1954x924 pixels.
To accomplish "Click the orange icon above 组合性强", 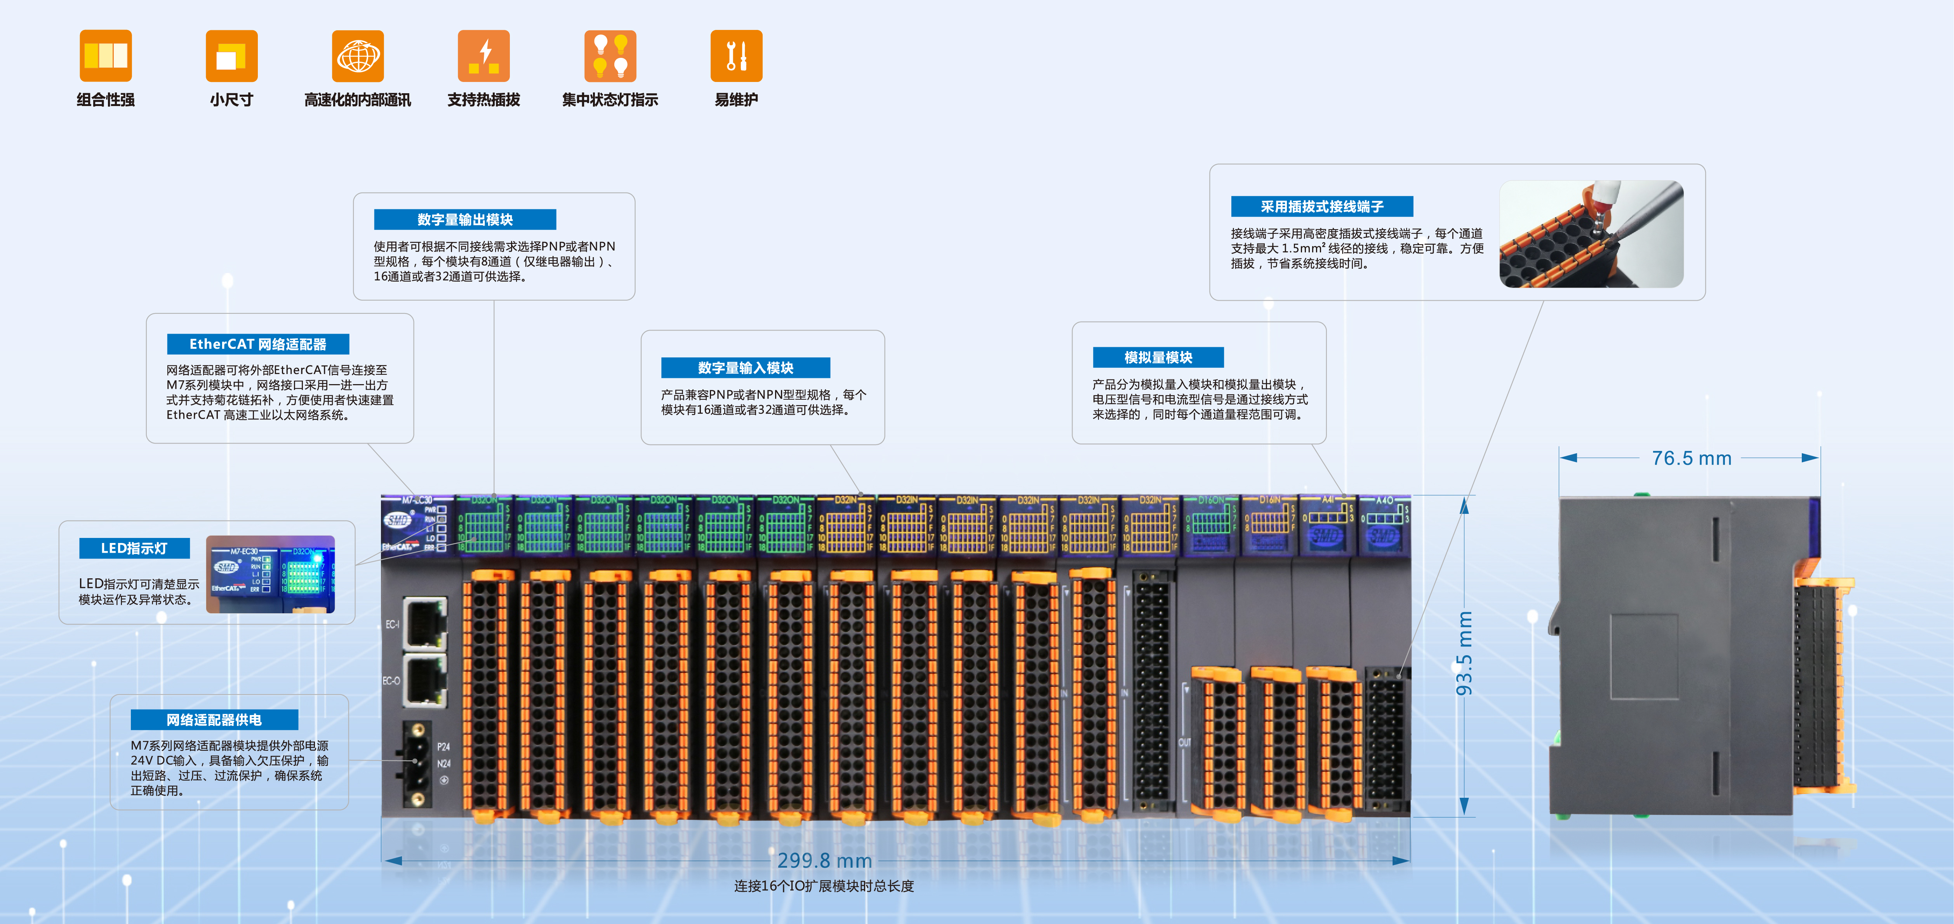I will (106, 56).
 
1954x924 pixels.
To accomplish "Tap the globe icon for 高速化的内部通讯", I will (358, 56).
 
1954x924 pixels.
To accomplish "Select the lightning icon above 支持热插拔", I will (483, 56).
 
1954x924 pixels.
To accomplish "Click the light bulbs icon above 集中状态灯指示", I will (610, 56).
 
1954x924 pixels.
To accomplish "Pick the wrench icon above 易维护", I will (736, 56).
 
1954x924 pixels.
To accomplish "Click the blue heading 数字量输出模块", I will (465, 219).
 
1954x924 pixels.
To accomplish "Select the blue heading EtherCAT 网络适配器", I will (258, 344).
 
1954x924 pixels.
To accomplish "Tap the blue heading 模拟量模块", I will (1158, 357).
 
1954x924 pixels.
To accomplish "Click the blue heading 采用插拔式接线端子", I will (1321, 206).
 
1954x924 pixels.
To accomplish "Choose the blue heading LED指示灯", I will (134, 548).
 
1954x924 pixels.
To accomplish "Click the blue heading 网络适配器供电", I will (214, 719).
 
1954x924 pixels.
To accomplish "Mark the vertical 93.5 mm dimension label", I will (1464, 653).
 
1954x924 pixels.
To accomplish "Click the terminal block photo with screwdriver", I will (1591, 234).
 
